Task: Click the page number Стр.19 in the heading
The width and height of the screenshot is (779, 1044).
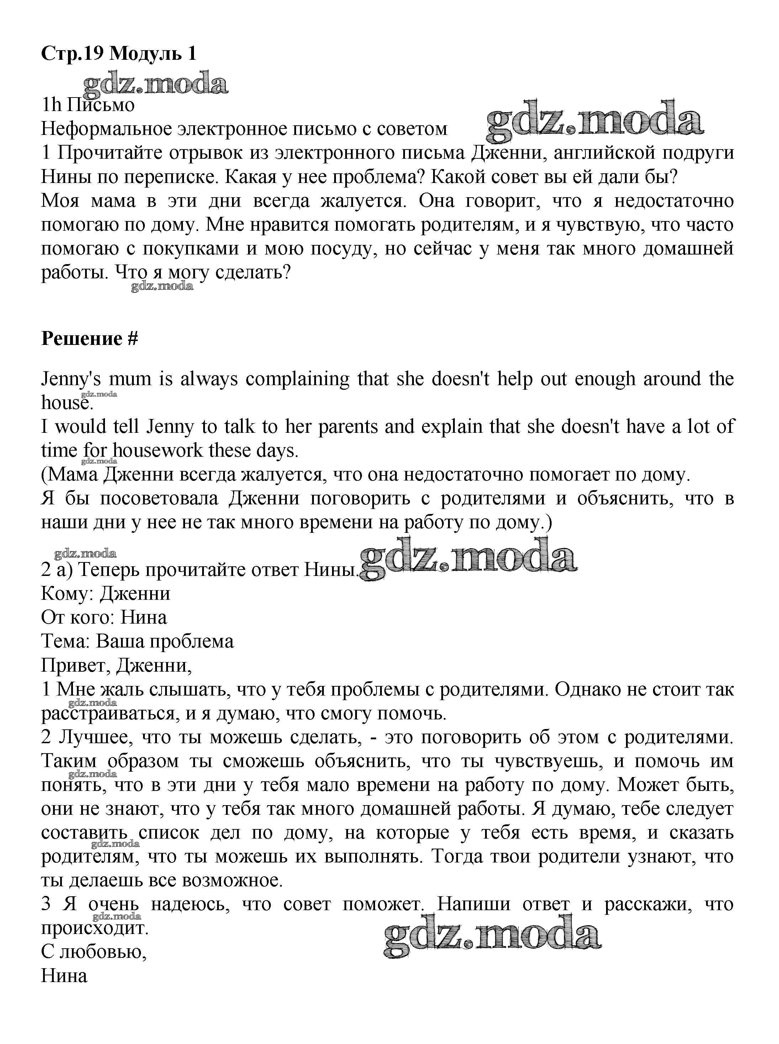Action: click(72, 54)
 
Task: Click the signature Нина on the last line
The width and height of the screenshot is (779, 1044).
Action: click(64, 976)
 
